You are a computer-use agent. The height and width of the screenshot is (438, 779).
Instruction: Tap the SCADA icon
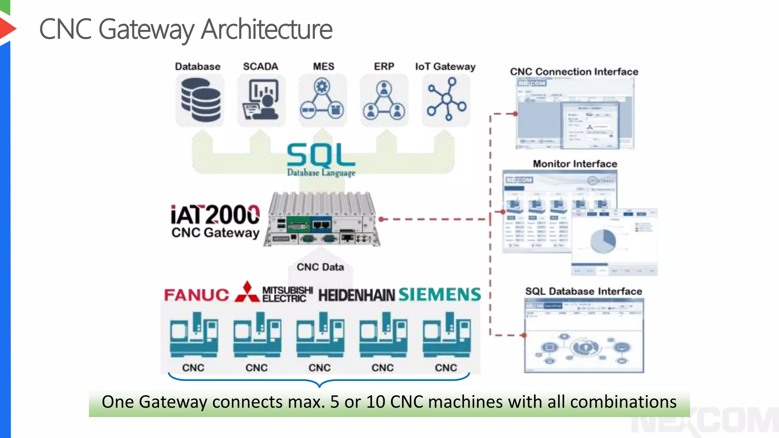tap(261, 100)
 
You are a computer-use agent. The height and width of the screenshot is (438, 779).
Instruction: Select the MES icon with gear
tap(322, 100)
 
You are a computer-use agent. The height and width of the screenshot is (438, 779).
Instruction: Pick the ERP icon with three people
tap(384, 100)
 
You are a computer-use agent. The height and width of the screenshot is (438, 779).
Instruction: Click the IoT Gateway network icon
tap(446, 100)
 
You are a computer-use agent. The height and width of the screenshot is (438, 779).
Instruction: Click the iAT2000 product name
tap(215, 215)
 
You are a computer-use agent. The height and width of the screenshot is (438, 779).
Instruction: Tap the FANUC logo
tap(196, 295)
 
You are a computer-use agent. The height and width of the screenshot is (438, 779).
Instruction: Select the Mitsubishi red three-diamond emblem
tap(247, 292)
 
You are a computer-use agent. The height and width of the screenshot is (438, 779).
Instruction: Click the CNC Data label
tap(320, 267)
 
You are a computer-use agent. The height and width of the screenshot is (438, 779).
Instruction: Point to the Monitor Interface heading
tap(575, 164)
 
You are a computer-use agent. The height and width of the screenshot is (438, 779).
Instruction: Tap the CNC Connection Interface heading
tap(574, 72)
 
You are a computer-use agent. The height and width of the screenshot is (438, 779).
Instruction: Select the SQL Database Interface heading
tap(583, 292)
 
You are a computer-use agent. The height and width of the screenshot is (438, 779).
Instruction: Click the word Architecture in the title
tap(266, 29)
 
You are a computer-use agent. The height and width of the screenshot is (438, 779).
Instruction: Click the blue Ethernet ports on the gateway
tap(321, 225)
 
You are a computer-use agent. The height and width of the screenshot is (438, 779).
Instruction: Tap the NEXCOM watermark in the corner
tap(704, 422)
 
